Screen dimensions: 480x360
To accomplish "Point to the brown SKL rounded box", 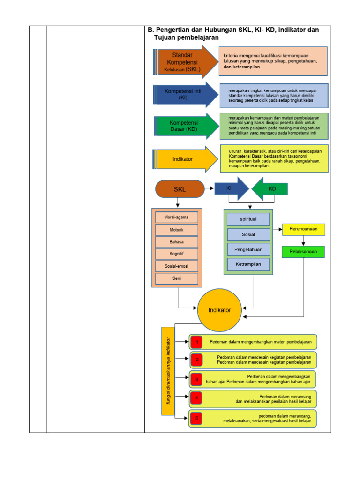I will pos(180,189).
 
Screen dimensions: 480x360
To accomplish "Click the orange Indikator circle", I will pos(219,310).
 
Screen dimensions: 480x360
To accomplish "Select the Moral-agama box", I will pos(177,217).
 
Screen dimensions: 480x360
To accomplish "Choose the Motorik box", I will pos(177,230).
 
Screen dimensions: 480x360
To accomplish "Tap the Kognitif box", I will pos(177,254).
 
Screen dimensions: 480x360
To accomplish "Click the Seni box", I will pos(177,278).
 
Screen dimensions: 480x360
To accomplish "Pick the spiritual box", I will pos(248,219).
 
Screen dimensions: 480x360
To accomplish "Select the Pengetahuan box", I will pos(248,249).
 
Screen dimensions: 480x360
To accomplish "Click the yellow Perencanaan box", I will pos(303,229).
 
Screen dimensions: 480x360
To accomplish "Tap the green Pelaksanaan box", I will pos(303,252).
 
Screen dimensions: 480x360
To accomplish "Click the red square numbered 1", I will pos(197,342).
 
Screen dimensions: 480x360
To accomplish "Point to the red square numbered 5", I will pos(197,418).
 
